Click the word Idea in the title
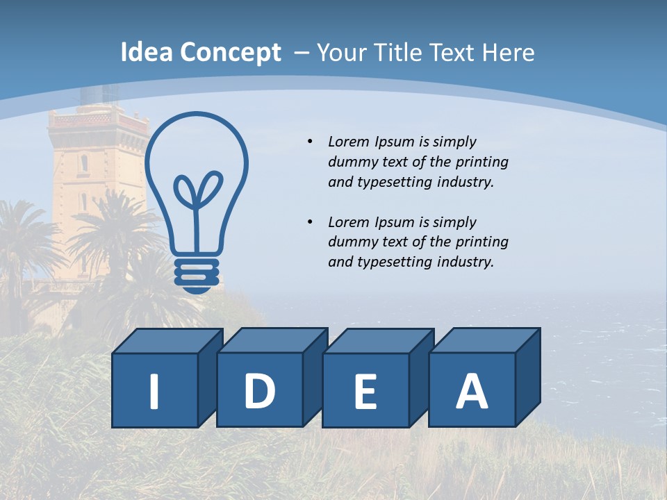tap(147, 53)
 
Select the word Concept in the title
tap(231, 53)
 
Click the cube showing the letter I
tap(155, 390)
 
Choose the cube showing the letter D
tap(260, 390)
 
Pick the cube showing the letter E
tap(365, 390)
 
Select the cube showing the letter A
tap(472, 390)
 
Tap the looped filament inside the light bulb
tap(197, 191)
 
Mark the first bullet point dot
tap(310, 142)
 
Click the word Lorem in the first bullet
tap(349, 142)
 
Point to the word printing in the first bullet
tap(482, 162)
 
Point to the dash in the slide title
tap(302, 53)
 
